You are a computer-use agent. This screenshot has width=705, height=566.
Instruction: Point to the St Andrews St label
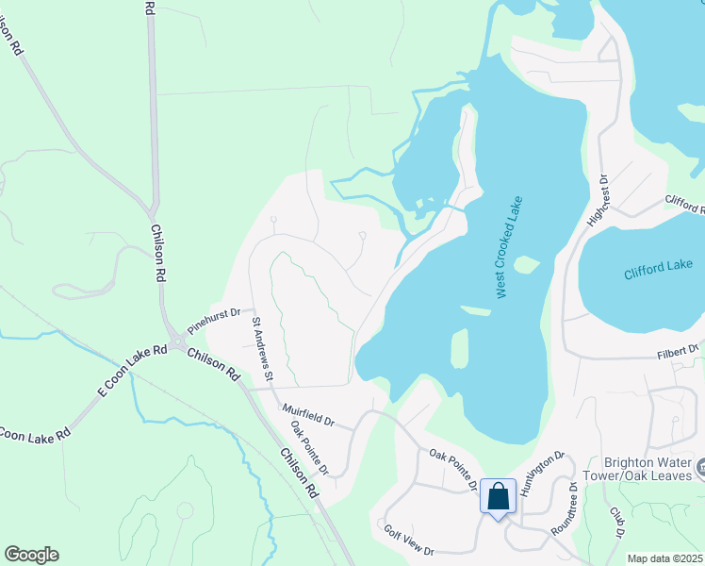(x=261, y=349)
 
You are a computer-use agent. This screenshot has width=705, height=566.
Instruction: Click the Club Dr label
(x=616, y=522)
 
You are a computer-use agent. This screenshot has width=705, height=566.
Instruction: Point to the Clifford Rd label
(x=684, y=202)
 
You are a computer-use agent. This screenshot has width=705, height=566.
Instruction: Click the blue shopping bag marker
(x=498, y=495)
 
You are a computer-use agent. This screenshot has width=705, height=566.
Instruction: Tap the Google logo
(x=31, y=555)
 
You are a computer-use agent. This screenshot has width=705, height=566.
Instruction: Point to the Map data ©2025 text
(x=664, y=558)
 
